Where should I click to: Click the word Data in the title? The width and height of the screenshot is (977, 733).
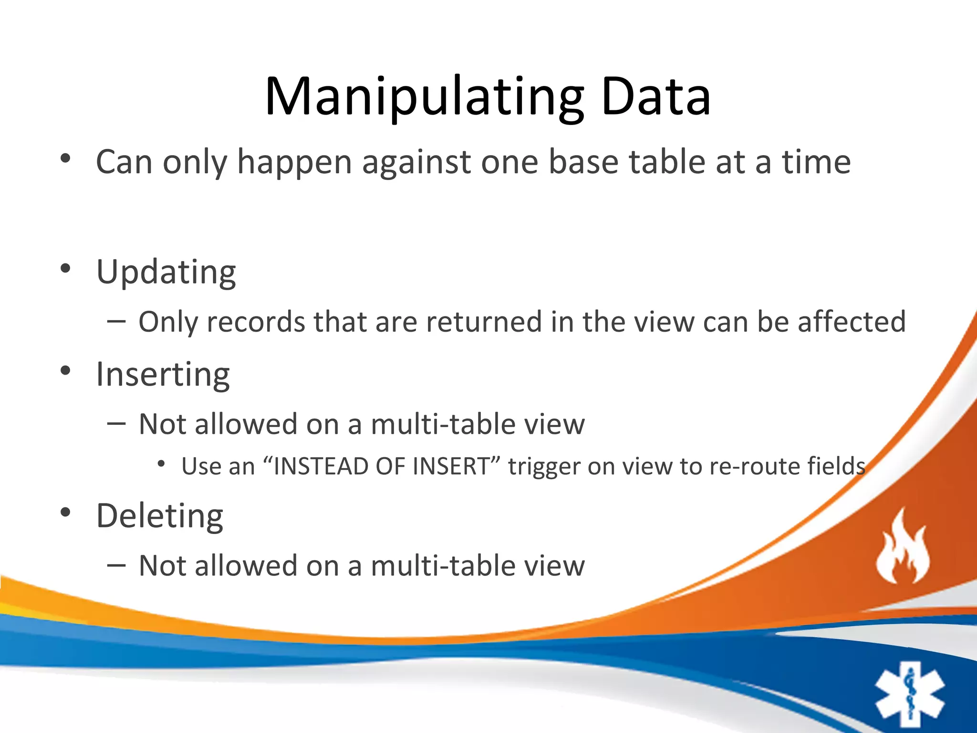tap(655, 98)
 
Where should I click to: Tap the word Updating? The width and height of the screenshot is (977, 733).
tap(166, 272)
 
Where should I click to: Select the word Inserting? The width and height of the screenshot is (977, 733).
tap(163, 375)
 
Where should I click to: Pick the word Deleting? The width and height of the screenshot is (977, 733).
tap(159, 516)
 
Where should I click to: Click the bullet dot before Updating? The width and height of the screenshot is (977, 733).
tap(65, 268)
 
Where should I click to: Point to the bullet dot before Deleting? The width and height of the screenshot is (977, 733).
tap(65, 513)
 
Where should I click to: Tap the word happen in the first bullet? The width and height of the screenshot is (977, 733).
tap(294, 162)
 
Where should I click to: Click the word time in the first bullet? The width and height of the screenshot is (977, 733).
tap(816, 162)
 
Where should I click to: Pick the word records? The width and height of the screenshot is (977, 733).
tap(256, 322)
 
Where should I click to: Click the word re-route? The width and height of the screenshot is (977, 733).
tap(754, 467)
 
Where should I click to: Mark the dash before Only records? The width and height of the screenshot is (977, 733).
tap(116, 321)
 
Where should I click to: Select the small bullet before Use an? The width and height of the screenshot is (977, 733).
tap(161, 463)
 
